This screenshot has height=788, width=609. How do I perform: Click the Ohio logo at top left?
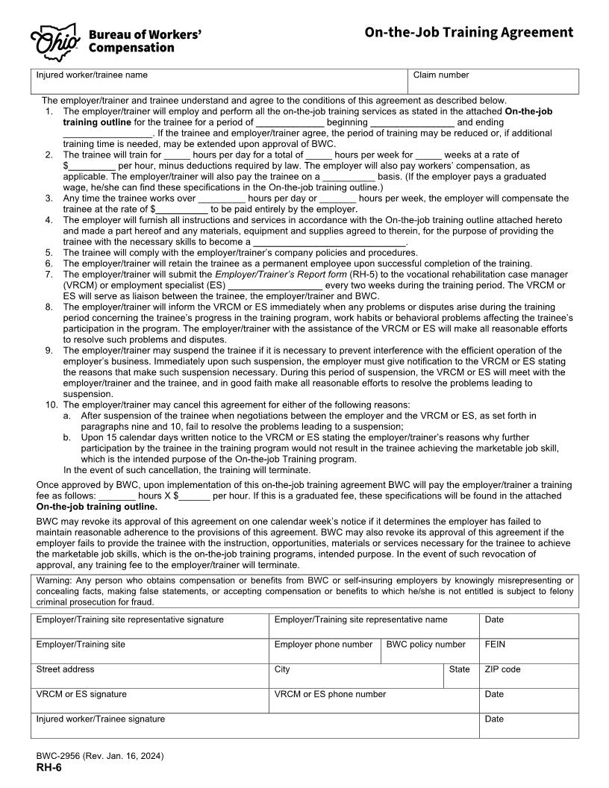point(54,41)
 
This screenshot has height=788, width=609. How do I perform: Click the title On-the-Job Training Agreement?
point(469,32)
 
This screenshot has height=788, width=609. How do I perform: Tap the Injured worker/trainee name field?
point(220,84)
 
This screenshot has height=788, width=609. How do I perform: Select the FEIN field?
point(528,654)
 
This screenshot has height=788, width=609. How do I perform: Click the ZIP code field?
point(528,679)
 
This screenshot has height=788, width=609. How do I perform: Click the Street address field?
point(149,679)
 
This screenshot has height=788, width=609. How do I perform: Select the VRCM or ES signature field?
point(149,704)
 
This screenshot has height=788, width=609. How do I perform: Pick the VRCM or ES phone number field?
point(373,704)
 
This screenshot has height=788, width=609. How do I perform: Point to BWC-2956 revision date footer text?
point(100,756)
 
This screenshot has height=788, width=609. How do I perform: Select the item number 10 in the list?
point(51,404)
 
